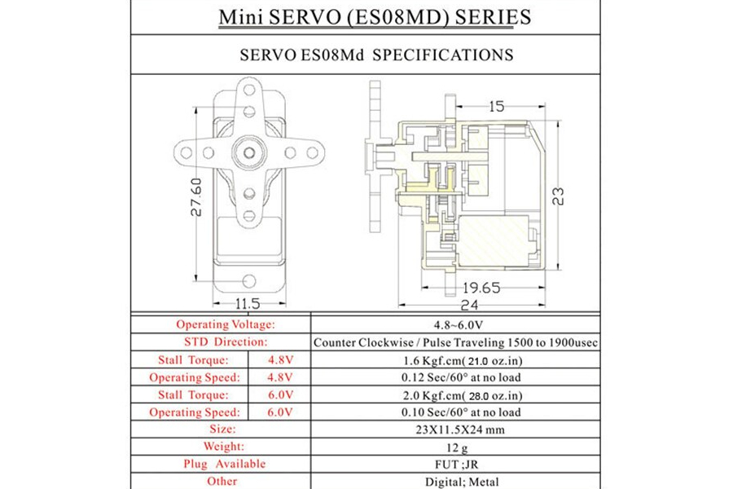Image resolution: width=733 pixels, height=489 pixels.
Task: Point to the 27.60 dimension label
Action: [196, 197]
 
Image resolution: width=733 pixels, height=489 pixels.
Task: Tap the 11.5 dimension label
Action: [248, 303]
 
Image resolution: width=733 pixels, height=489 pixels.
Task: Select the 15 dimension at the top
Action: [497, 106]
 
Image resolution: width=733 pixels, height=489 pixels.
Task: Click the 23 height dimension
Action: [558, 196]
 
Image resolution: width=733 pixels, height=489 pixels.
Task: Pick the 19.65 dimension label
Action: [481, 287]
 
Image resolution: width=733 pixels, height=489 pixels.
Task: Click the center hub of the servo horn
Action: [248, 150]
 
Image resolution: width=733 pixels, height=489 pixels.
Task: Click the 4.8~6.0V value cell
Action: [454, 324]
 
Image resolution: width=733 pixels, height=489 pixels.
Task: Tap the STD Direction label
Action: [225, 342]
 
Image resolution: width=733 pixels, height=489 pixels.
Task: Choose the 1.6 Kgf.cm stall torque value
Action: [454, 360]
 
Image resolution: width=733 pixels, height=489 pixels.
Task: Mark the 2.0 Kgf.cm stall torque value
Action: [454, 395]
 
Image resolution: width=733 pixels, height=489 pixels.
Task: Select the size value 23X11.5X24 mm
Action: [454, 430]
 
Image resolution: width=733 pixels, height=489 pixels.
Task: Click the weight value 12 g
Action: [454, 447]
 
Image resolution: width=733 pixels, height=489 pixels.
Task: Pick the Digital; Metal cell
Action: [454, 481]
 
